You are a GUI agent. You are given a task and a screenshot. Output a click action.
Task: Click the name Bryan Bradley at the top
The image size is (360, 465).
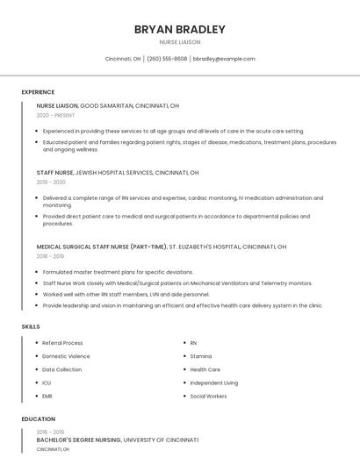(179, 29)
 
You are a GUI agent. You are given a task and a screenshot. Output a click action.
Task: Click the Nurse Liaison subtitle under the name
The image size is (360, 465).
(179, 42)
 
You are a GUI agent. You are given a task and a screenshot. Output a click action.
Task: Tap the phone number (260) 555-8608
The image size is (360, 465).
(167, 59)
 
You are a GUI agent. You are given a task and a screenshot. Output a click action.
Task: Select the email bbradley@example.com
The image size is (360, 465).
(224, 59)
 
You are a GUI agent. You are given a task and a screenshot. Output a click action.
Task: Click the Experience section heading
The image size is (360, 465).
(38, 92)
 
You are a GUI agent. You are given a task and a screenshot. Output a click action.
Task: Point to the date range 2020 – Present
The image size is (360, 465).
(56, 115)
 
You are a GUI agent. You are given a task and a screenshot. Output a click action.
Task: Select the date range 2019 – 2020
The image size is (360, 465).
(51, 182)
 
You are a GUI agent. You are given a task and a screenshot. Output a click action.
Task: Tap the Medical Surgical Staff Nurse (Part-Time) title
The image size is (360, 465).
(102, 247)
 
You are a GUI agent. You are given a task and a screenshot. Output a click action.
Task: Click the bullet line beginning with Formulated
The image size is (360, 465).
(118, 272)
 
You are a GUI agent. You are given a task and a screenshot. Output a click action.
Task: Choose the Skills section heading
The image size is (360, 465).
(31, 326)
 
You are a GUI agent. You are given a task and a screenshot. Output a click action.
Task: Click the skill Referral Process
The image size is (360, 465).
(62, 343)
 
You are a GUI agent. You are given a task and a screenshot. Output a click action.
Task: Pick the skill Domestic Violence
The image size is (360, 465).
(66, 356)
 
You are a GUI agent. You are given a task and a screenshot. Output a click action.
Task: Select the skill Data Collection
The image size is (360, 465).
(61, 369)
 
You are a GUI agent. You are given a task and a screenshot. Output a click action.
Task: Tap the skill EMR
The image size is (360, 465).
(47, 396)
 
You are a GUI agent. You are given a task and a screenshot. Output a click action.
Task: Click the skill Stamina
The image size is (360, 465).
(201, 356)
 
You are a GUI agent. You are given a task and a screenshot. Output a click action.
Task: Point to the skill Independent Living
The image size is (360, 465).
(213, 383)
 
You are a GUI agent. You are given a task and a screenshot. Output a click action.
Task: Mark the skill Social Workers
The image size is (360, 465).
(208, 396)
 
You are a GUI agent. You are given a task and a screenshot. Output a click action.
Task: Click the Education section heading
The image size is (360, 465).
(38, 419)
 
